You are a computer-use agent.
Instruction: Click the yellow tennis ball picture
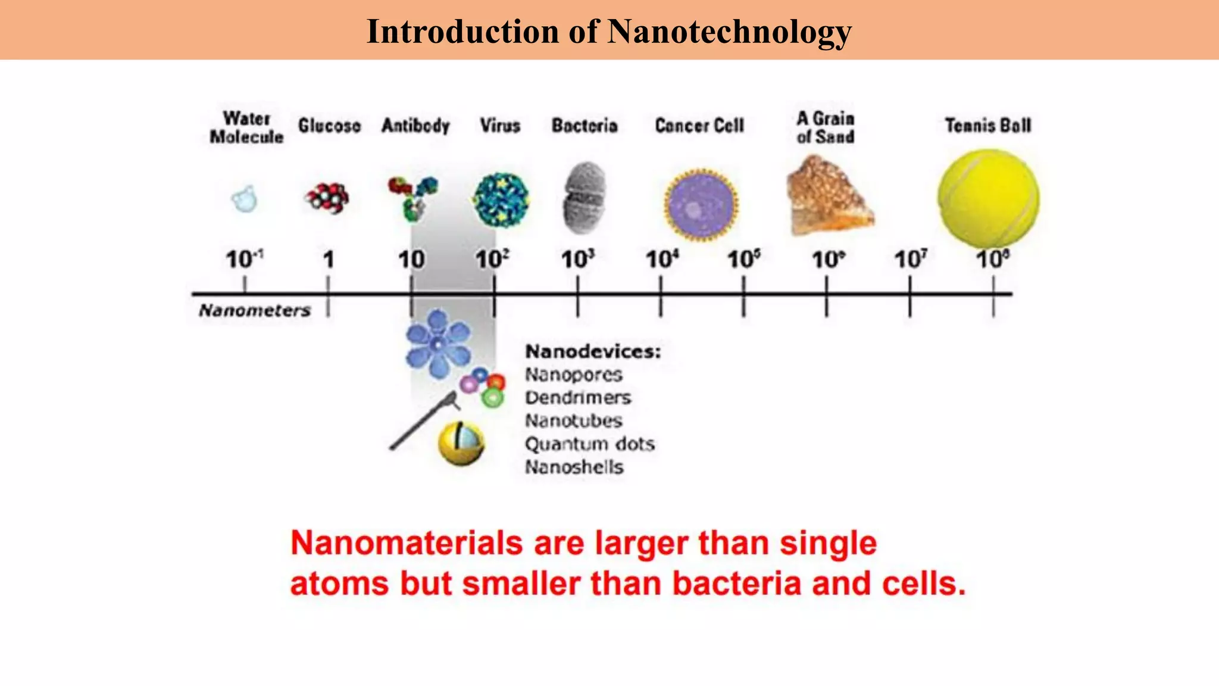click(x=989, y=198)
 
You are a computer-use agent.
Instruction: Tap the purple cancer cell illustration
click(x=701, y=204)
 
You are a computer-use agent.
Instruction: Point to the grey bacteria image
click(x=584, y=198)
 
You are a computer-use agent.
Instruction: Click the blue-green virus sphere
click(x=501, y=200)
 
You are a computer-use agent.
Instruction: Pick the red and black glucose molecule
click(x=327, y=198)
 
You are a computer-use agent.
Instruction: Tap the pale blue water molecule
click(x=244, y=199)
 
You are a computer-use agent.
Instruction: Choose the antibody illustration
click(x=413, y=197)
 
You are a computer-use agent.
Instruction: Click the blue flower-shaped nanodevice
click(x=438, y=344)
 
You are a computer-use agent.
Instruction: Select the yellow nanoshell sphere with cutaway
click(x=461, y=443)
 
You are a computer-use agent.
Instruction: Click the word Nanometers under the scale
click(x=255, y=310)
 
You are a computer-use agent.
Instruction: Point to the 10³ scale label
click(x=577, y=260)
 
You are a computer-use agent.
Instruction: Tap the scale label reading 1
click(x=328, y=260)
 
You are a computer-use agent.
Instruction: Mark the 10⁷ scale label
click(x=910, y=260)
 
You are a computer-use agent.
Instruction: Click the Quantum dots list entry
click(x=589, y=444)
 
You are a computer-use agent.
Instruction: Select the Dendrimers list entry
click(x=577, y=398)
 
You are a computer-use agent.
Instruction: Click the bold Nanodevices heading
click(x=593, y=351)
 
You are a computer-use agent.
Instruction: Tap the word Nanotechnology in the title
click(x=729, y=31)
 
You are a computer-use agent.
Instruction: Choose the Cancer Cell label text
click(x=699, y=126)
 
